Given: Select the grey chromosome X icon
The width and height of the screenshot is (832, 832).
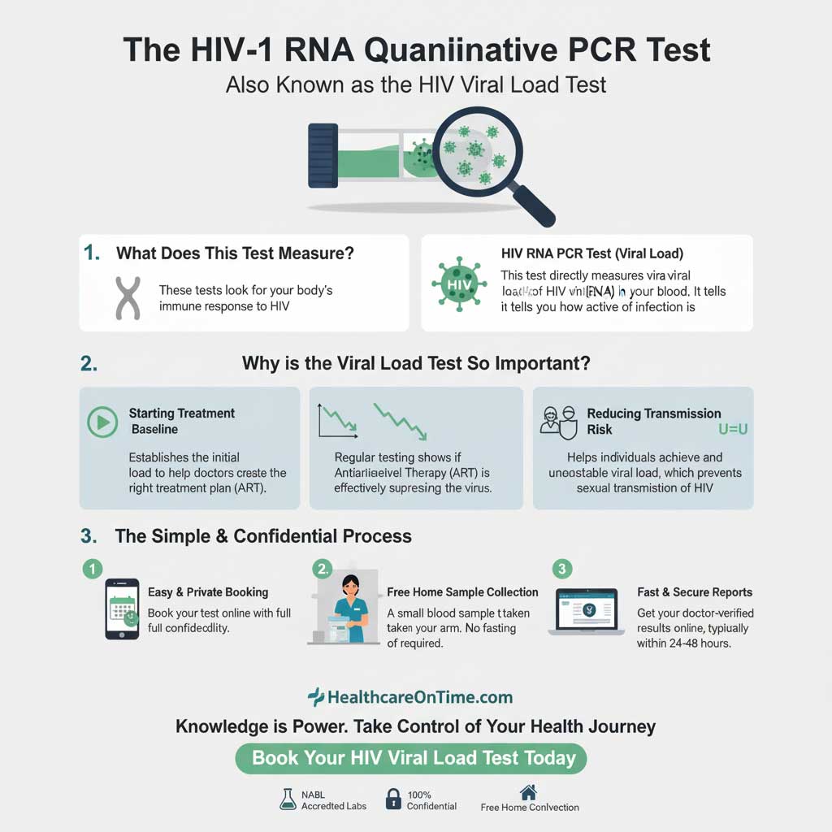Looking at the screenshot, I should pos(127,297).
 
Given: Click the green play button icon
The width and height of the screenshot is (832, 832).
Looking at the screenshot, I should pos(102,422).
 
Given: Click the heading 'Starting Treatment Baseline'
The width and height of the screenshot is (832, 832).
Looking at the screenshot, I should pos(181,421).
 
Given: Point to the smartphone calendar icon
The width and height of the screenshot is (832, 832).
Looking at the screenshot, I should pos(122,609).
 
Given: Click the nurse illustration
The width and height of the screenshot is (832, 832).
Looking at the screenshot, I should pos(350,609).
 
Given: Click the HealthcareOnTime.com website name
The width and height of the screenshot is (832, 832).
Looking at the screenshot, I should pos(419,697).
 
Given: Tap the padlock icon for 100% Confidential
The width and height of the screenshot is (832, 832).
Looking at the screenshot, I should pos(393,799).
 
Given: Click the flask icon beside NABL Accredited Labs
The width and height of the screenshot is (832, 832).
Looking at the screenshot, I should pos(287,799).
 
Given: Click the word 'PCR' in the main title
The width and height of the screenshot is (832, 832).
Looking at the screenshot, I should pos(585,50).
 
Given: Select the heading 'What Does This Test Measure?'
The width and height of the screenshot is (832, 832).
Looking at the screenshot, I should pos(235,253).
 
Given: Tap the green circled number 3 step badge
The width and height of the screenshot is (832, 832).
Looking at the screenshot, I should pos(561,568).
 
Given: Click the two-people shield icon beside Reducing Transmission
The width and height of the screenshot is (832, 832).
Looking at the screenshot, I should pos(558,421).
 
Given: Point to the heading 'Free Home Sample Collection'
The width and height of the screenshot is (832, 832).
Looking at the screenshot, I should pos(462,591).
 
